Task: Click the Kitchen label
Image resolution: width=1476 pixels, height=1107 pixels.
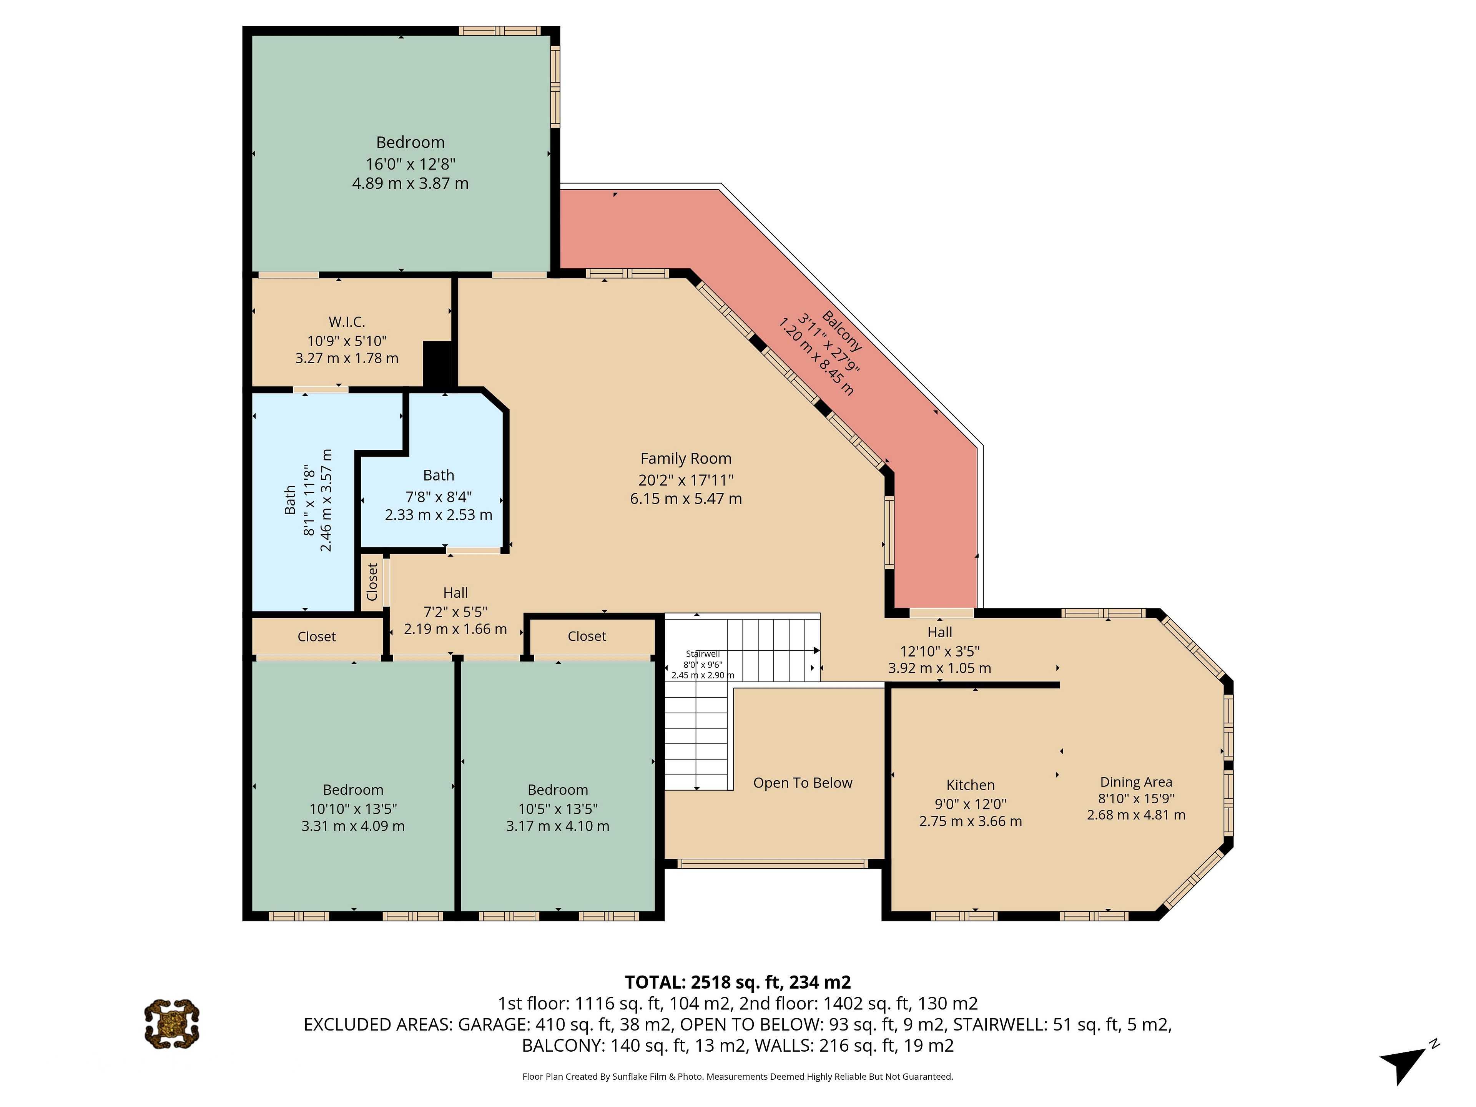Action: pos(970,785)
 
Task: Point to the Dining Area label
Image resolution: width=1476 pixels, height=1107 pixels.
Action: pos(1136,782)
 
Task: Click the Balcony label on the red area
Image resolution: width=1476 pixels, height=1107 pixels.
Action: pos(841,331)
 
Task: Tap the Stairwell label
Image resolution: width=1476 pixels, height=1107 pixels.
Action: pos(703,654)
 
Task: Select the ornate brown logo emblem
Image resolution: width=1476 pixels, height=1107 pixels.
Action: pos(171,1024)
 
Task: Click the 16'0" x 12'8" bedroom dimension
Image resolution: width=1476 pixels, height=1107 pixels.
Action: pos(411,163)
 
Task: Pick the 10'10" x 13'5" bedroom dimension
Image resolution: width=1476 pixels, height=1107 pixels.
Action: pos(353,809)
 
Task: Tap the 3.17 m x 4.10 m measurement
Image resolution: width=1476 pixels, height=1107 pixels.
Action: pos(557,826)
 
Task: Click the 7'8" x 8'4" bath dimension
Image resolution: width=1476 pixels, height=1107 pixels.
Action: pos(439,497)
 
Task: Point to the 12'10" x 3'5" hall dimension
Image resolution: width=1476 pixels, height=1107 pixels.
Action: pos(939,651)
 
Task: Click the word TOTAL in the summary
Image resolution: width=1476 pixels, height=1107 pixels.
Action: pos(655,982)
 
